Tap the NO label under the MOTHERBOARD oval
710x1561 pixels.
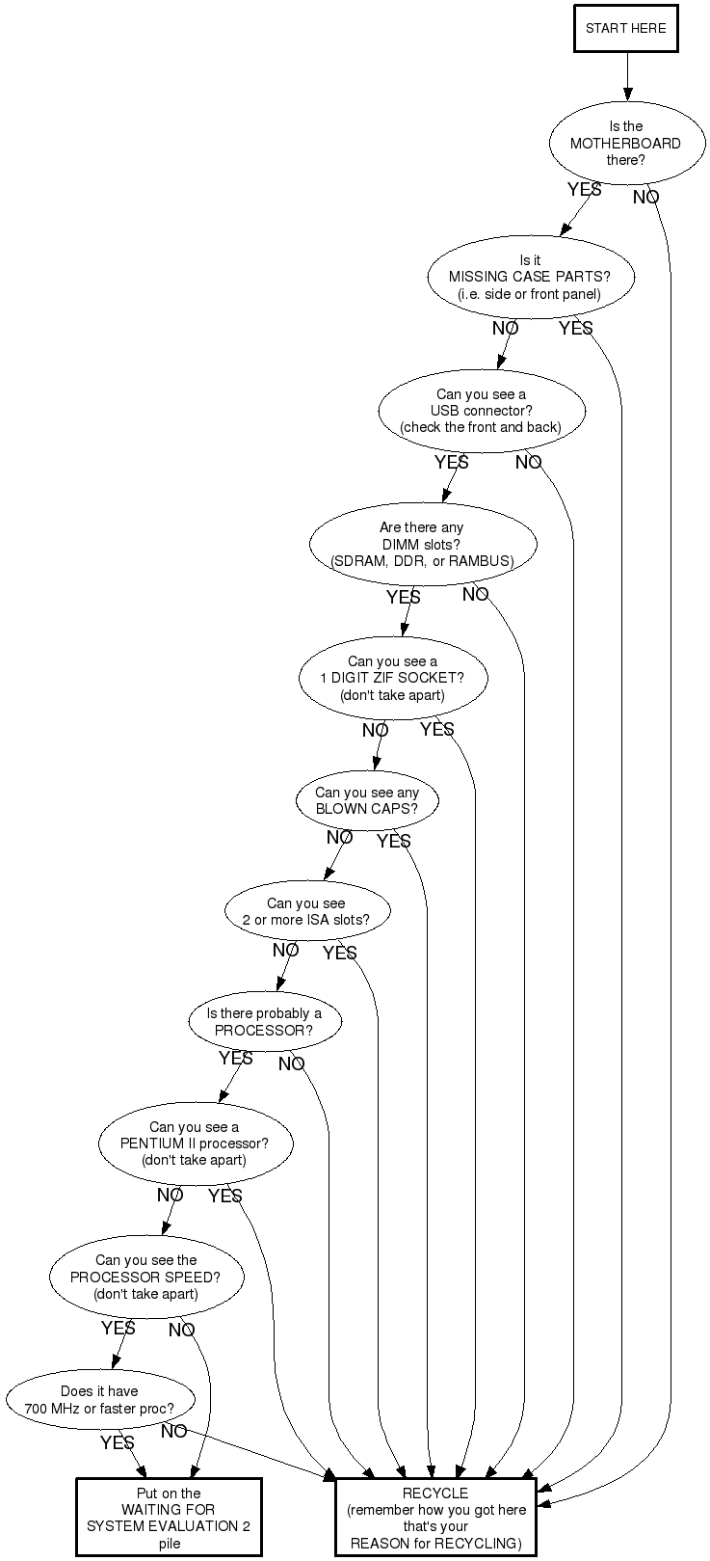click(x=646, y=198)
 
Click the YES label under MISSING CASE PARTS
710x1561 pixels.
click(x=576, y=328)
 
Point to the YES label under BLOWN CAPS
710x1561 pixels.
click(x=394, y=841)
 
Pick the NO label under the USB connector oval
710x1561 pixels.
click(x=528, y=462)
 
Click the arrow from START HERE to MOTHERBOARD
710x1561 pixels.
click(x=628, y=77)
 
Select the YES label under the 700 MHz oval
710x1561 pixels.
click(x=117, y=1442)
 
